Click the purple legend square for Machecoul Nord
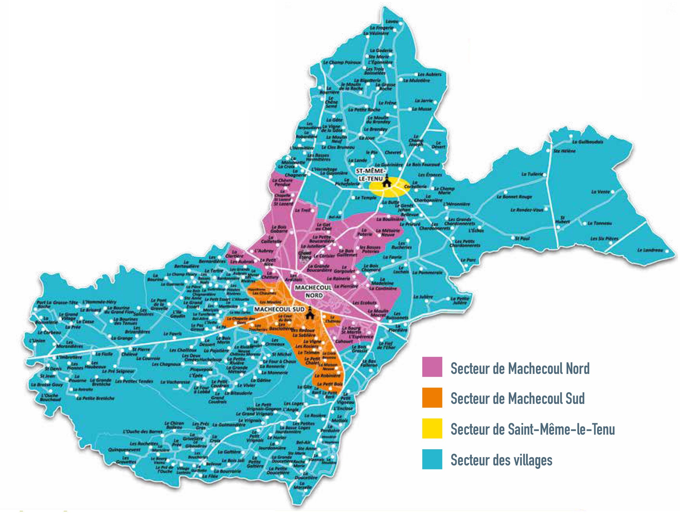(432, 367)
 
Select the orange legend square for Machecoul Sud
(432, 397)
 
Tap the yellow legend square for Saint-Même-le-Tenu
(432, 428)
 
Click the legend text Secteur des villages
(501, 460)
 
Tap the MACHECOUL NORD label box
(313, 291)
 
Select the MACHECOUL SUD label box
(279, 309)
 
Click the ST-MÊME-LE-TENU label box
(370, 175)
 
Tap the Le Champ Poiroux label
(342, 62)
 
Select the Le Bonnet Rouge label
(514, 197)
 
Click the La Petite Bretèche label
(95, 398)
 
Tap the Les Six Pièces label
(604, 238)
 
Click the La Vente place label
(600, 192)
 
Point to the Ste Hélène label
(564, 151)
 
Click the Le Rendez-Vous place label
(527, 210)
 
